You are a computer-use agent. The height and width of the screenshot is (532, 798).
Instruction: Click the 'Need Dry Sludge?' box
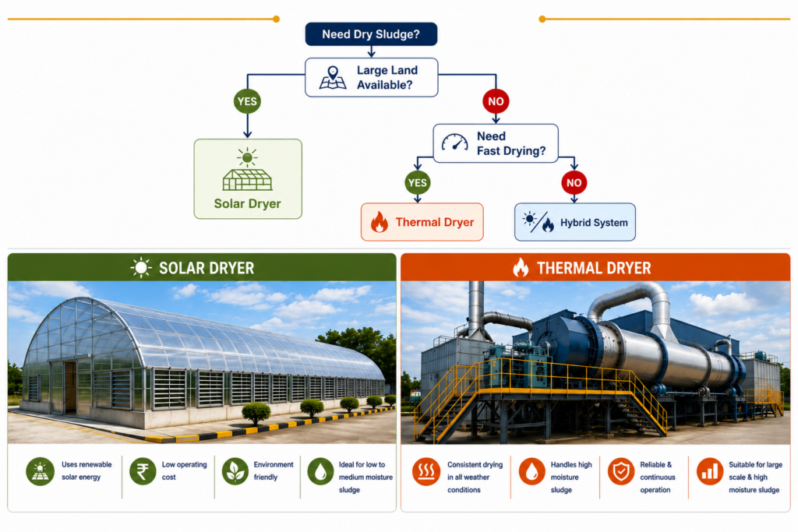[x=371, y=34]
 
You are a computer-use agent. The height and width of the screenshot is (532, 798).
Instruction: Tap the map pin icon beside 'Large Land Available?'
[x=333, y=77]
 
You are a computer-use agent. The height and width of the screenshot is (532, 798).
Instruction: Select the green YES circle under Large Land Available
[x=247, y=101]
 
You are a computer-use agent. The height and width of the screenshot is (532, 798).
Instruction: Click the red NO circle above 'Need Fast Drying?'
[x=496, y=101]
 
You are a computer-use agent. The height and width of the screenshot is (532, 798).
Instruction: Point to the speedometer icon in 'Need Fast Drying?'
[x=454, y=143]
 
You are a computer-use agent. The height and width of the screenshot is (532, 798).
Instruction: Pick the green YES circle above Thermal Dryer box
[x=418, y=182]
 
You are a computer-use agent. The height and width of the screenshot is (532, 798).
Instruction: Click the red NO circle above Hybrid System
[x=574, y=182]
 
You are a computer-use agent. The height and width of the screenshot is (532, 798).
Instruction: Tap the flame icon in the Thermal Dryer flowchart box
[x=380, y=222]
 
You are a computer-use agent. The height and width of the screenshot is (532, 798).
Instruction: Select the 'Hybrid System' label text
[x=594, y=223]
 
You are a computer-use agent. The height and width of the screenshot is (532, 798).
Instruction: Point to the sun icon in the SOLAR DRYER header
[x=141, y=267]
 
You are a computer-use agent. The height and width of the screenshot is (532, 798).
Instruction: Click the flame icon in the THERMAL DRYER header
[x=521, y=267]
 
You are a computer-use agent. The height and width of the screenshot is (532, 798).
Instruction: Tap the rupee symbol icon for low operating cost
[x=143, y=471]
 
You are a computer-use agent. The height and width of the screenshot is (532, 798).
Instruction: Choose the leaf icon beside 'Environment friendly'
[x=235, y=471]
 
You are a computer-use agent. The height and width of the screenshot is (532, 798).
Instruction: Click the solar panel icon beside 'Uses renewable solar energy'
[x=41, y=471]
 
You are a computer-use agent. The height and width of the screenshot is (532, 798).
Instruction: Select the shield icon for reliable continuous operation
[x=621, y=471]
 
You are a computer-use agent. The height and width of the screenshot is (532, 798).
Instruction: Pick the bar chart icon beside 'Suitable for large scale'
[x=710, y=471]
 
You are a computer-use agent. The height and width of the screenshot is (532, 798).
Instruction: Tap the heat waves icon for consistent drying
[x=426, y=471]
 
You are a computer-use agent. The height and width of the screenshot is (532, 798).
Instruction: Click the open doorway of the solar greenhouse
[x=69, y=386]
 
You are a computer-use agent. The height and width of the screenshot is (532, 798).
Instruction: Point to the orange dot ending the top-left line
[x=277, y=19]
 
